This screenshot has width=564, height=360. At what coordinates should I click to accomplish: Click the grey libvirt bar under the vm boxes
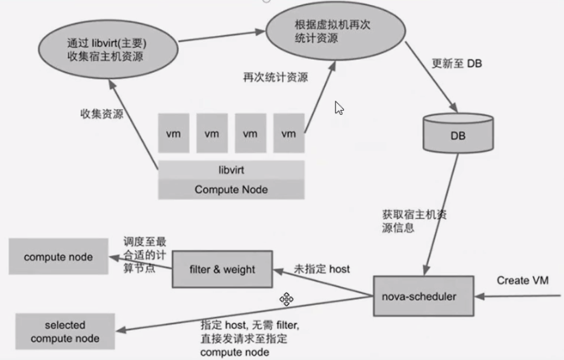pos(231,170)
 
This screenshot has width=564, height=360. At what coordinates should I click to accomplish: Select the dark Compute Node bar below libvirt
pos(231,190)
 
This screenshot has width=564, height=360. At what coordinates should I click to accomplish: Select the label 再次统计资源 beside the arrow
pos(275,78)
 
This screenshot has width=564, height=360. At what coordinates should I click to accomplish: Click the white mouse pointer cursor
pos(339,107)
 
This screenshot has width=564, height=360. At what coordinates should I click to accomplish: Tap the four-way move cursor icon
pos(286,300)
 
